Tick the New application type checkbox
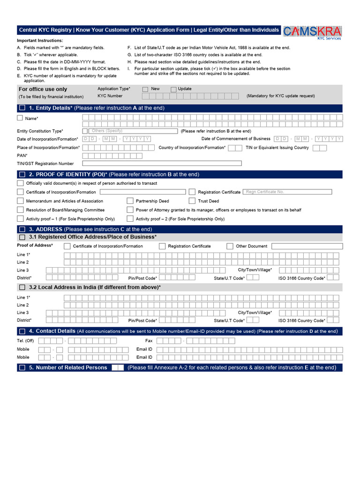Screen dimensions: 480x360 click(145, 89)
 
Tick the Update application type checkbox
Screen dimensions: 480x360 click(173, 89)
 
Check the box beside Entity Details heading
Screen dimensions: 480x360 click(22, 108)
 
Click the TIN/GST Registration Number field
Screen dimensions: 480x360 click(162, 163)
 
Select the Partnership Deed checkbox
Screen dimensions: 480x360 click(130, 201)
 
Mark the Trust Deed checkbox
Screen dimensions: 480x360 click(192, 201)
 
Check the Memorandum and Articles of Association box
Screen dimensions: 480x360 click(20, 201)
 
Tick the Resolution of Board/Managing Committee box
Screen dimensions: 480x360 click(20, 210)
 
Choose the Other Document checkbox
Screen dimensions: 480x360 click(230, 246)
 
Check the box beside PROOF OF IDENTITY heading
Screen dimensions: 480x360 click(22, 174)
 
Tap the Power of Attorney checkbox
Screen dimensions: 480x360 click(130, 210)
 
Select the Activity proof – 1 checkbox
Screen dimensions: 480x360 click(20, 218)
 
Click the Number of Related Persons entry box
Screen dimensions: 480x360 click(118, 367)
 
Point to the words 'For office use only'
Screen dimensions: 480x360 click(43, 89)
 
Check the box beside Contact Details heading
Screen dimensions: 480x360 click(22, 331)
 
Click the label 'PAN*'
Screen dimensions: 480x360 click(22, 155)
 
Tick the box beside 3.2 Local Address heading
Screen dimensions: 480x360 click(22, 287)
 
